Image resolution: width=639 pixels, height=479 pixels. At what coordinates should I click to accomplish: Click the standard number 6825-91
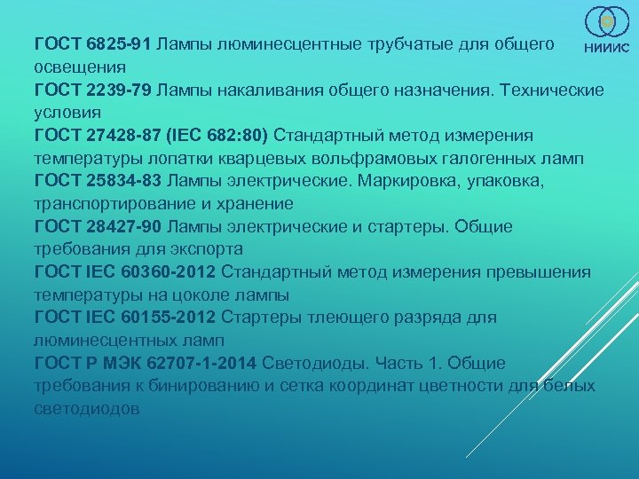point(120,43)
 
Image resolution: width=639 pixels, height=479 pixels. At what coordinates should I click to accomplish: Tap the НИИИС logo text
point(606,49)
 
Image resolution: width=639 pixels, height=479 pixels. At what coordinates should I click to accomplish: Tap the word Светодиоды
point(313,363)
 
